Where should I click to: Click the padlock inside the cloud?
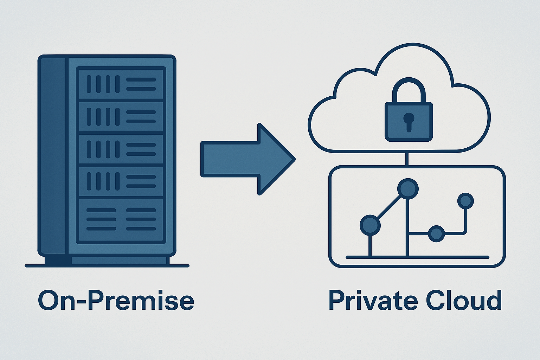tap(409, 121)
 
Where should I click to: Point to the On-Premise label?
tap(116, 301)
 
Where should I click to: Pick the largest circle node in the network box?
tap(408, 189)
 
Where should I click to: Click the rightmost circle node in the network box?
tap(465, 201)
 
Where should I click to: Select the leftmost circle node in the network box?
tap(370, 225)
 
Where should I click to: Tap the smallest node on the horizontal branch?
tap(436, 233)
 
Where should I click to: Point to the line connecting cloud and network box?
tap(407, 159)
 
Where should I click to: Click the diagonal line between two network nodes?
tap(389, 207)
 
